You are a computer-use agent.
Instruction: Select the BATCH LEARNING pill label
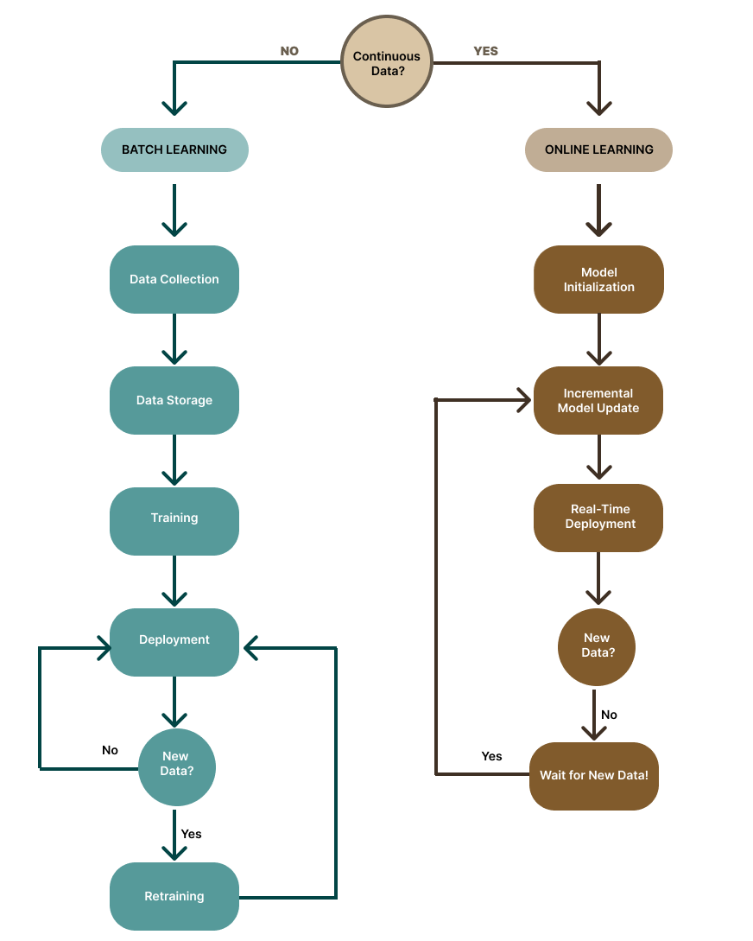[174, 149]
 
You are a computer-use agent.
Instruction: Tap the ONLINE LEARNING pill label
[598, 149]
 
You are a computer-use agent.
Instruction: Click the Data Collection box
[174, 279]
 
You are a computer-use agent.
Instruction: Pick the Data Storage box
[174, 400]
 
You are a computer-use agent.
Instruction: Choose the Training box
[174, 518]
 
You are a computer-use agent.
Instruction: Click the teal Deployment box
[174, 640]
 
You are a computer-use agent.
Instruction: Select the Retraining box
[174, 896]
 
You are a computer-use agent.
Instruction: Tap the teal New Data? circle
[176, 764]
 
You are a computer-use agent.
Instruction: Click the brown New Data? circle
[596, 645]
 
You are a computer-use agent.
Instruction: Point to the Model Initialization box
[598, 279]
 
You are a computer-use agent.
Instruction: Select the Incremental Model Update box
[598, 400]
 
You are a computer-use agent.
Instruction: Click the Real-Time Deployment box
[598, 517]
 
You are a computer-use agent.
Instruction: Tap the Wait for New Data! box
[594, 775]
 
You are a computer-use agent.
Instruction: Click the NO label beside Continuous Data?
[289, 51]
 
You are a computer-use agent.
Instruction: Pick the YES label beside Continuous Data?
[486, 51]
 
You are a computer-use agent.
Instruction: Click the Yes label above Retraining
[191, 834]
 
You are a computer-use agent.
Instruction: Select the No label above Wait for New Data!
[609, 715]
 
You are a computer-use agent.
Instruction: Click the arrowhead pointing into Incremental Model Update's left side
[522, 399]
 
